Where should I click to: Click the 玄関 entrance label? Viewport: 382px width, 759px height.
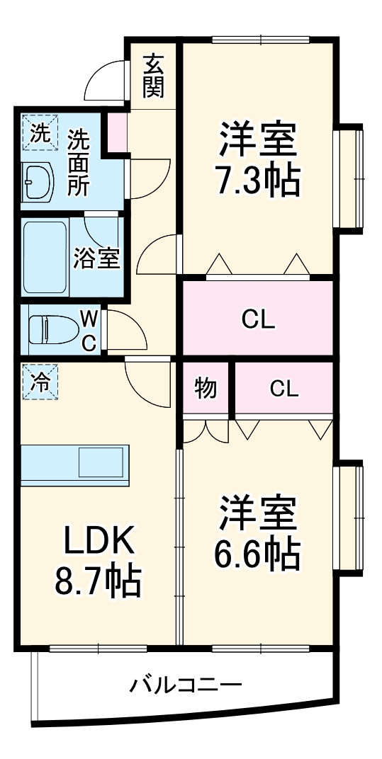click(x=154, y=76)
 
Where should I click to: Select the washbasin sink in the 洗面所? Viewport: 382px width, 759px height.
click(x=37, y=181)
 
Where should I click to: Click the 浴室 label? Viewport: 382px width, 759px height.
click(x=96, y=258)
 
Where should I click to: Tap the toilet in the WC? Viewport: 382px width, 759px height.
click(x=53, y=329)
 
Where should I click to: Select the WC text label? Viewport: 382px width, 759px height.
click(x=89, y=329)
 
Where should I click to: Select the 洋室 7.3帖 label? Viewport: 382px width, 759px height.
click(x=257, y=159)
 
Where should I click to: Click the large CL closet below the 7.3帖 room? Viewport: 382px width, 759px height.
click(x=257, y=319)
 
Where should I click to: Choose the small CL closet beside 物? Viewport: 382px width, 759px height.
click(x=283, y=389)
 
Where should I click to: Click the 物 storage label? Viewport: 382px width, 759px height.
click(x=206, y=389)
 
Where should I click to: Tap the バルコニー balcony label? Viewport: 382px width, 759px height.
click(x=186, y=685)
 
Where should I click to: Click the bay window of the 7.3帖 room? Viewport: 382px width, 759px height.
click(x=349, y=178)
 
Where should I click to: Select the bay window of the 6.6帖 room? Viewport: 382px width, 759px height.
click(x=349, y=515)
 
